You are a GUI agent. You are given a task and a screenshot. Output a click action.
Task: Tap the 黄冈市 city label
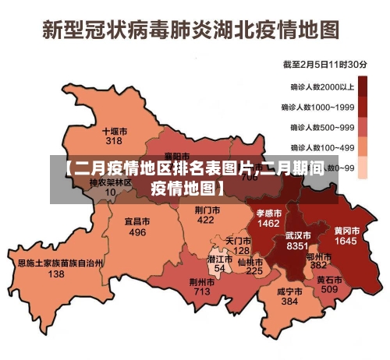(346, 231)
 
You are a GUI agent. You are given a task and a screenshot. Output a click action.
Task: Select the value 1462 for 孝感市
(268, 223)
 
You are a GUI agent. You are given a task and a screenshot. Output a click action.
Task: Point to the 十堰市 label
(115, 132)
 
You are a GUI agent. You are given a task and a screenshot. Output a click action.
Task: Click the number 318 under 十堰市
(115, 142)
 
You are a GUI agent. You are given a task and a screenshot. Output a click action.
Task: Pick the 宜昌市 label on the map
(137, 221)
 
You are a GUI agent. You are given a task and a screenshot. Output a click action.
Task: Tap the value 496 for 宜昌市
(137, 232)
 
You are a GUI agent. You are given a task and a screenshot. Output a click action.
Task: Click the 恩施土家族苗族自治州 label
(56, 263)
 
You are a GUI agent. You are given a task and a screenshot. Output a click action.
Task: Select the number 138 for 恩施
(56, 274)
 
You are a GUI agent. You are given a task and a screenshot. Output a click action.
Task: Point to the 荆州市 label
(201, 281)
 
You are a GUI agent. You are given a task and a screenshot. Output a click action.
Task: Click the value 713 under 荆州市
(201, 291)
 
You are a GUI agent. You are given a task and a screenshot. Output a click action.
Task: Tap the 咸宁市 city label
(289, 291)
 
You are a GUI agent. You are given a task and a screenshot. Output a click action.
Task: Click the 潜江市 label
(220, 258)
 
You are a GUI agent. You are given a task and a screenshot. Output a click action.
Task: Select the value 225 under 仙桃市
(254, 271)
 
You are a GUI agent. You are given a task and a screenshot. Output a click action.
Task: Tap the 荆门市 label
(206, 210)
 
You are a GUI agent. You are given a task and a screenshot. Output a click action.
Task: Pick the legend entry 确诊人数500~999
(322, 126)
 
